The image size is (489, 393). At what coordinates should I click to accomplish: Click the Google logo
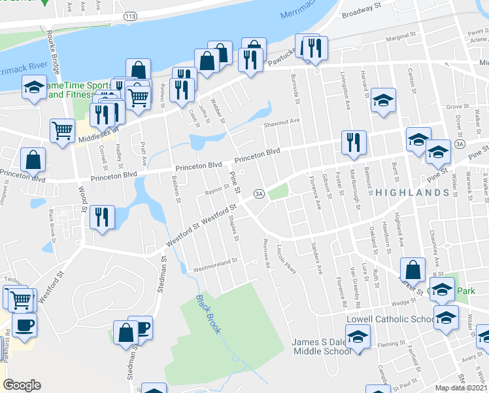click(x=22, y=385)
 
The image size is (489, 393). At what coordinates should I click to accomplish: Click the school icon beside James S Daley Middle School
click(x=358, y=337)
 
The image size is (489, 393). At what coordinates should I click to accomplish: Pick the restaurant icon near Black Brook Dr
click(x=102, y=217)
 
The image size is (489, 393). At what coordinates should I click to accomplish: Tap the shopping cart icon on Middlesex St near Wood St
click(x=63, y=129)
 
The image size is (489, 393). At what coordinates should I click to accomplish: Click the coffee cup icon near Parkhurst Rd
click(x=24, y=325)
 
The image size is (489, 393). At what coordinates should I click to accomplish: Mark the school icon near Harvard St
click(x=383, y=100)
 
